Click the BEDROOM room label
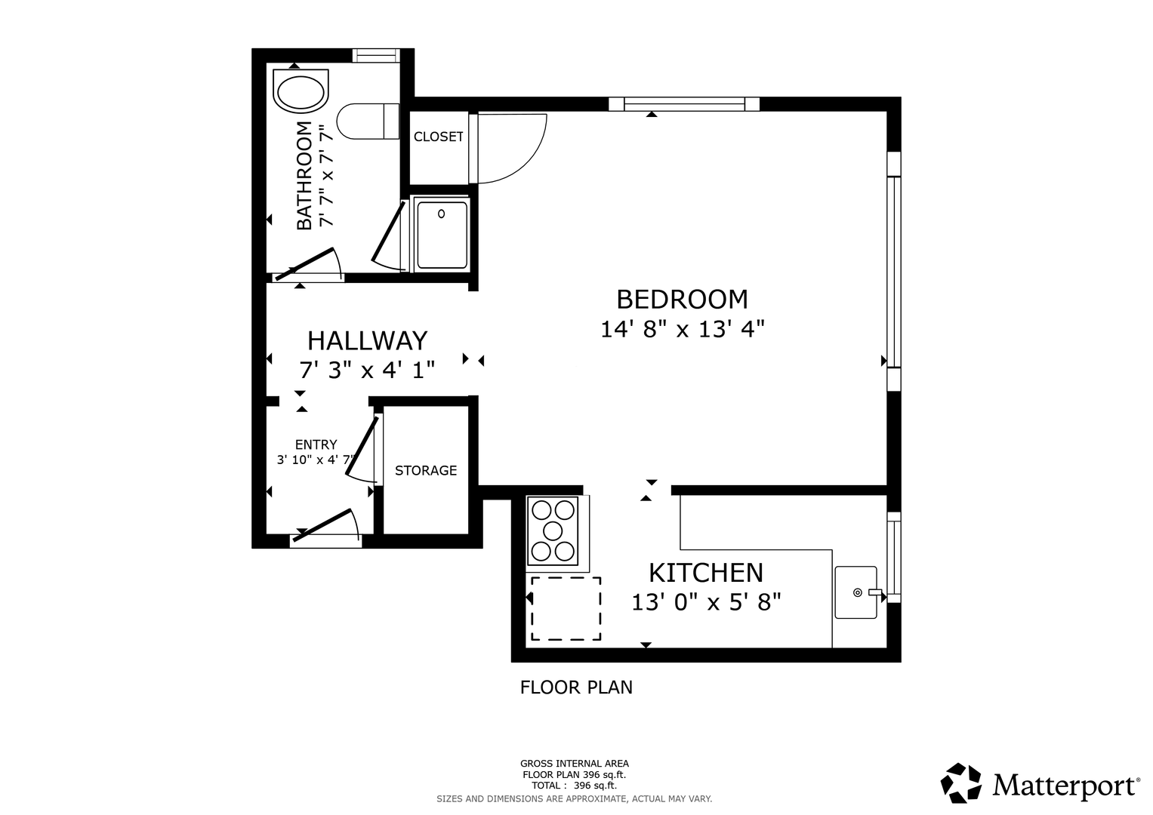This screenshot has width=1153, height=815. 682,300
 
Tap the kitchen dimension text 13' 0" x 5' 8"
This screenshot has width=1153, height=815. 706,602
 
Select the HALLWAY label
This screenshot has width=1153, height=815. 368,340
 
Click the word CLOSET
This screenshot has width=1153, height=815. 439,137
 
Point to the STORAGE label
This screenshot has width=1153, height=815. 426,470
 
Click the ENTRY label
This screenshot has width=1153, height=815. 316,444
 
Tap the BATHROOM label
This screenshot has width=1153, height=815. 304,175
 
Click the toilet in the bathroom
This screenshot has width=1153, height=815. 368,121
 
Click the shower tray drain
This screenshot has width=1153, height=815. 441,214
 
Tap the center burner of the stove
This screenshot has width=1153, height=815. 552,531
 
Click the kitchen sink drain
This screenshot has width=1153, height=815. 858,592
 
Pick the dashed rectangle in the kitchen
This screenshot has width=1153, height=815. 566,609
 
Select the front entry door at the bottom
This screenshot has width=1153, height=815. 323,525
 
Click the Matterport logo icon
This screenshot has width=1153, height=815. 961,783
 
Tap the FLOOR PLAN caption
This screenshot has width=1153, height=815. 576,687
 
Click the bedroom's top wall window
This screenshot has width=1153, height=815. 684,104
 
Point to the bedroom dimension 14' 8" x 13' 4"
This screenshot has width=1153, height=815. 683,329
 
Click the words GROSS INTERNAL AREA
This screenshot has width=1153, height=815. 575,764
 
